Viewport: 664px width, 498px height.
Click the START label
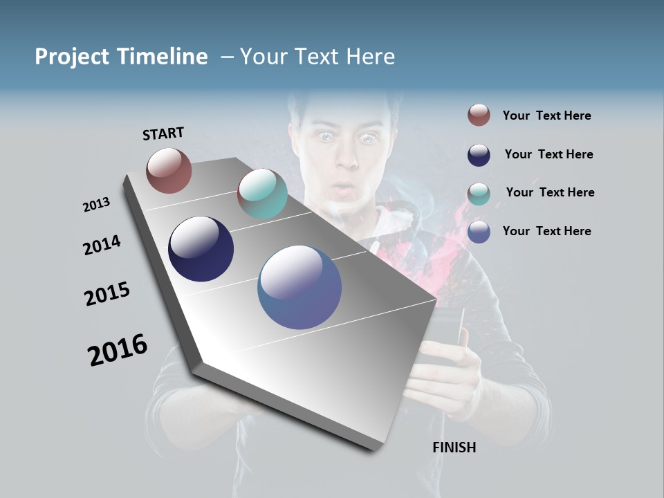163,133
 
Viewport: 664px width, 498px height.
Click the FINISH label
454,448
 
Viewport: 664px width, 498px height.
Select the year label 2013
96,205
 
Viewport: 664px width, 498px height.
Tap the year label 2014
102,246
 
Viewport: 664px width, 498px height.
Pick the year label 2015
107,294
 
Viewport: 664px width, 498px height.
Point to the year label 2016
118,350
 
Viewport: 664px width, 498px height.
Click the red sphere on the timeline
169,170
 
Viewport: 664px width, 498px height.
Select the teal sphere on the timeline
262,194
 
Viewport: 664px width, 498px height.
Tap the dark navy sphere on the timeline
201,249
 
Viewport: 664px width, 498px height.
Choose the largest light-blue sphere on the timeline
299,287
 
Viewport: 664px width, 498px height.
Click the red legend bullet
479,116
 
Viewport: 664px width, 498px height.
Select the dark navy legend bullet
479,154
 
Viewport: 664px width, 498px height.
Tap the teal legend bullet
479,193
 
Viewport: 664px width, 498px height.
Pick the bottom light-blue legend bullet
479,231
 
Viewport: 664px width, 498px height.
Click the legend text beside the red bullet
546,116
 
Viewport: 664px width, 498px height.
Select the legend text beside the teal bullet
550,192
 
